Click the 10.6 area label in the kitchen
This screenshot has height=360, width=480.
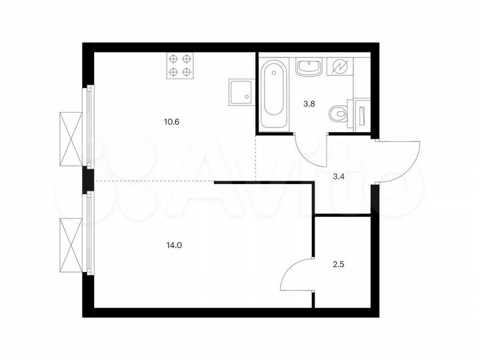pos(173,122)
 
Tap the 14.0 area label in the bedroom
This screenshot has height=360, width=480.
pos(175,245)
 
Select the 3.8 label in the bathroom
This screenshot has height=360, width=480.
pos(309,104)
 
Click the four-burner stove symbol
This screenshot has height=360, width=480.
pos(180,65)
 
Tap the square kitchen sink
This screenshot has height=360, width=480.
pos(241,92)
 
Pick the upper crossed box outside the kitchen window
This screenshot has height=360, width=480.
pos(70,139)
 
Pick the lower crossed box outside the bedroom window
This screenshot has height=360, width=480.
pos(70,245)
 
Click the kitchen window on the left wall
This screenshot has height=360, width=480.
pos(87,126)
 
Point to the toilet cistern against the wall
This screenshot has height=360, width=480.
pos(360,113)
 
